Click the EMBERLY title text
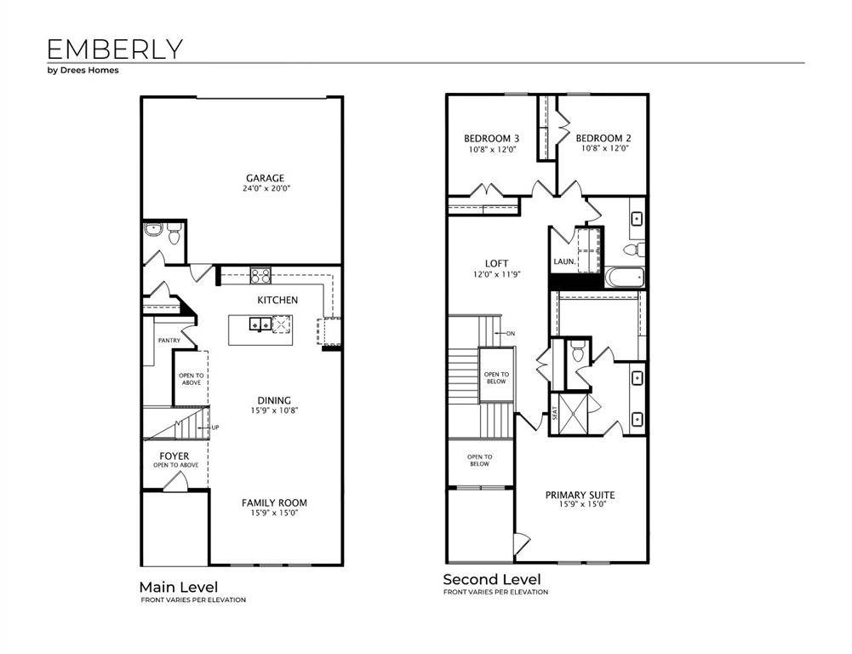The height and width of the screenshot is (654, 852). pyautogui.click(x=114, y=49)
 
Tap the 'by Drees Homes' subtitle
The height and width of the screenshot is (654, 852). pyautogui.click(x=83, y=71)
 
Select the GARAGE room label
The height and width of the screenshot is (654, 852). pyautogui.click(x=265, y=178)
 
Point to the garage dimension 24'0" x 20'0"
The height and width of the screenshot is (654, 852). pyautogui.click(x=265, y=189)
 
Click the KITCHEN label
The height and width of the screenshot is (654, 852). pyautogui.click(x=277, y=300)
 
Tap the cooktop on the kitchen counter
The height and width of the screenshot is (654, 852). pyautogui.click(x=260, y=274)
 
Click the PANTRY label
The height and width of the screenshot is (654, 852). pyautogui.click(x=169, y=341)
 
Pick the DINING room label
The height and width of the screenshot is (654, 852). pyautogui.click(x=274, y=400)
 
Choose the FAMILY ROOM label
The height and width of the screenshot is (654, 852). pyautogui.click(x=274, y=502)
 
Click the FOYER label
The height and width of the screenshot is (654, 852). pyautogui.click(x=174, y=456)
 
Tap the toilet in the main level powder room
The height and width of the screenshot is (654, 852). pyautogui.click(x=174, y=234)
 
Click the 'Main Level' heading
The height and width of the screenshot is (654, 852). pyautogui.click(x=178, y=587)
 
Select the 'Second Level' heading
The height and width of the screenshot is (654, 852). pyautogui.click(x=491, y=580)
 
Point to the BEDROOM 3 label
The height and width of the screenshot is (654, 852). pyautogui.click(x=491, y=138)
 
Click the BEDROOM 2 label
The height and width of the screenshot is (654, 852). pyautogui.click(x=603, y=138)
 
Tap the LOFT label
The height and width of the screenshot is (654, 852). pyautogui.click(x=496, y=264)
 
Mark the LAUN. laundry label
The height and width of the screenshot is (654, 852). pyautogui.click(x=563, y=261)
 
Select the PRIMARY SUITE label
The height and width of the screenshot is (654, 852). pyautogui.click(x=580, y=495)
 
